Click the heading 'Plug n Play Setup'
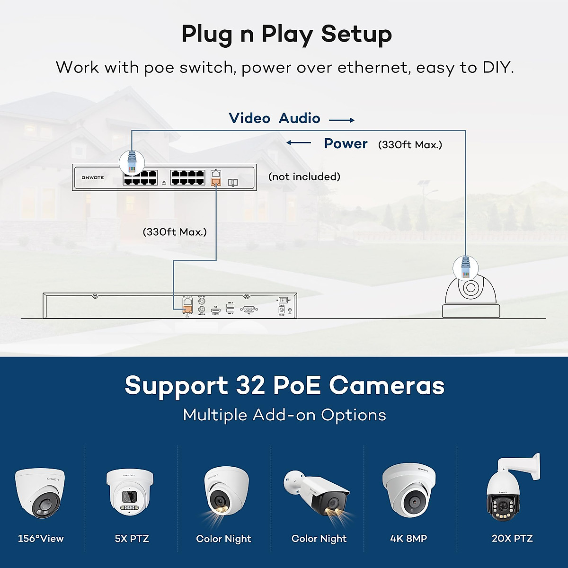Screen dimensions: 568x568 click(286, 34)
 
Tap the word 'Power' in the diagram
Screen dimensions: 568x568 click(346, 144)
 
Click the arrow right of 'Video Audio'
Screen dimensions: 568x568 click(342, 120)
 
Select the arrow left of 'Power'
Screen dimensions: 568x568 click(299, 142)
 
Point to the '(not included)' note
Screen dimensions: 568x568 click(304, 177)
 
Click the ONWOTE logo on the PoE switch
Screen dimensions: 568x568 click(93, 177)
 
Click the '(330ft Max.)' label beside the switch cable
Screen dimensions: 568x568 click(175, 232)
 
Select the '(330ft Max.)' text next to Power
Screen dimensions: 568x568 click(410, 145)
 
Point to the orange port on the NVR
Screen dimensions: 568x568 click(188, 310)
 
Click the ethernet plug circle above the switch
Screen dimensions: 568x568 click(132, 162)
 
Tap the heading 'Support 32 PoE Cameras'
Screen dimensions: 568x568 click(284, 385)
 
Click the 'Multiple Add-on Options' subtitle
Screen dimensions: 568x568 click(284, 415)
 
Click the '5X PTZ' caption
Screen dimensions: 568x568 click(132, 539)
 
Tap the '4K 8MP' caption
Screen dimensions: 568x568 click(408, 539)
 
